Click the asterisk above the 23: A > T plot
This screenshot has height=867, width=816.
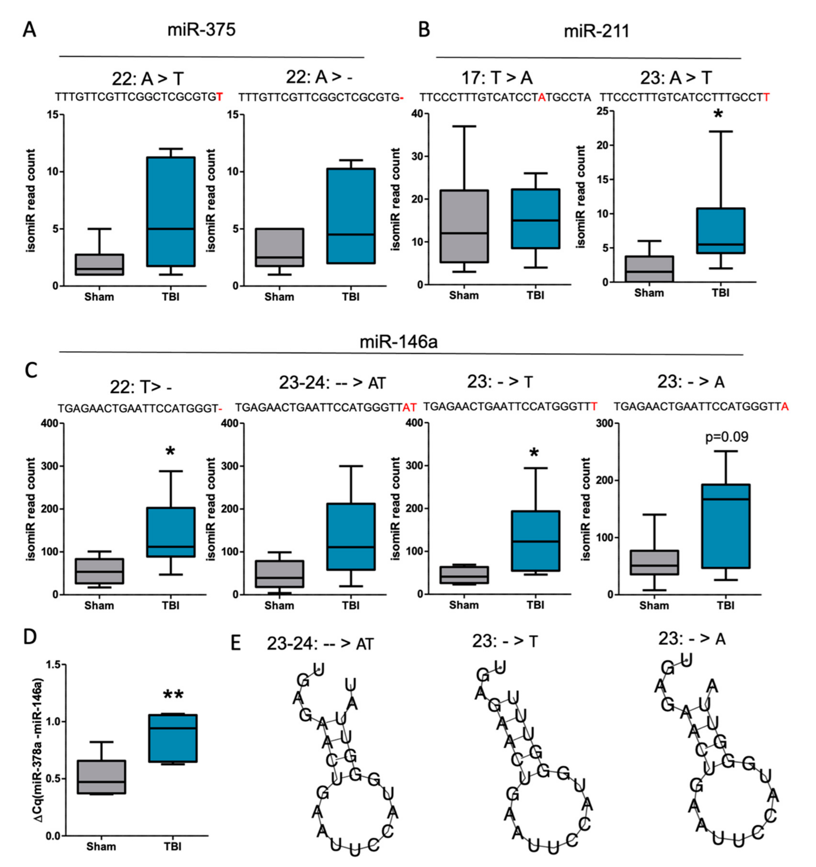pos(718,115)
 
